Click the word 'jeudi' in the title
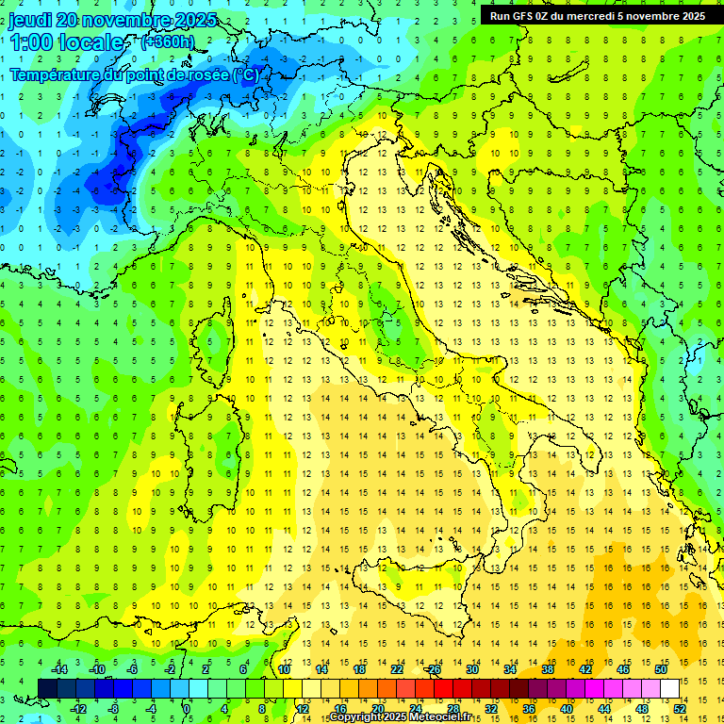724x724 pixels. (30, 20)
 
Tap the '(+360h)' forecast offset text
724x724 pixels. (167, 41)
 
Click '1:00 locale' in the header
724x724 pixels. (66, 42)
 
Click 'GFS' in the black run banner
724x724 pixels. (526, 16)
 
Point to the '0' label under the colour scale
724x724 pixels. (187, 708)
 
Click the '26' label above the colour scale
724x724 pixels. (434, 669)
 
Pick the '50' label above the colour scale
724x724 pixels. (660, 669)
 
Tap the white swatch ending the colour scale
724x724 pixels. (669, 688)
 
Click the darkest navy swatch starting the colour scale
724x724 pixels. (48, 688)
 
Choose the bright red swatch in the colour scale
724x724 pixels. (443, 688)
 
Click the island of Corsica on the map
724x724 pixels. (220, 336)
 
